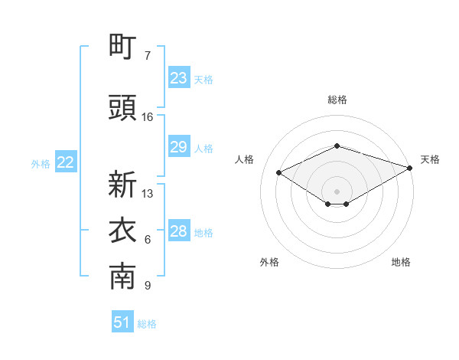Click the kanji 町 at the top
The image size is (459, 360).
click(122, 47)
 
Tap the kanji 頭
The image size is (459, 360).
click(122, 110)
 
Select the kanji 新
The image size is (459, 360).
click(122, 185)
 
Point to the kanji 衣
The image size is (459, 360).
click(122, 231)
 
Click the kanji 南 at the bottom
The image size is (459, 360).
click(122, 278)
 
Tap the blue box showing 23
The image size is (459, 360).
click(178, 78)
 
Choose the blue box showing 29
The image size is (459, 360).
click(178, 147)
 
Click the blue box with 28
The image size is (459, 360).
click(178, 231)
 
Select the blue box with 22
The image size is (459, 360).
click(66, 162)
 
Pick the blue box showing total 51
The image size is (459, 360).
click(122, 322)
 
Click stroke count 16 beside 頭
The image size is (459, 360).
click(148, 117)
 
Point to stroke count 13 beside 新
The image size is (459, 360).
click(148, 193)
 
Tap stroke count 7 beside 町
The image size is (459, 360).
click(148, 55)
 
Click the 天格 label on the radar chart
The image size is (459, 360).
click(430, 159)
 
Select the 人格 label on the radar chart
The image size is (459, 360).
click(245, 159)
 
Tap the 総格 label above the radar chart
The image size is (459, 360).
click(337, 100)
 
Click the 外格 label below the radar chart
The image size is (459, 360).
click(269, 262)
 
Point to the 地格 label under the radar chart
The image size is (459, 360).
click(401, 262)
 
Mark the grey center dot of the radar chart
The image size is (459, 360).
click(337, 191)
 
